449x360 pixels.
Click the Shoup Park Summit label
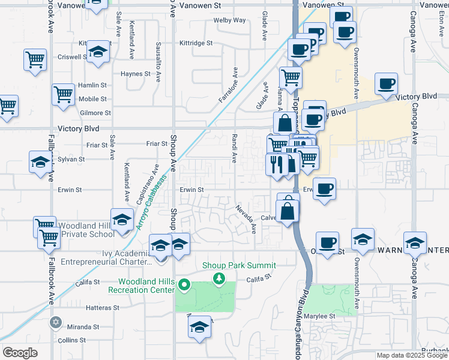coord(239,265)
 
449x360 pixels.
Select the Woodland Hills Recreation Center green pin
coord(184,285)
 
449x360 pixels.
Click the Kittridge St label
coord(197,43)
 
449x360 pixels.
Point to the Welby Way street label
coord(230,20)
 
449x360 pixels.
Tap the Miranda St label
coord(83,327)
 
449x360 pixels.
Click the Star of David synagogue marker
coord(56,322)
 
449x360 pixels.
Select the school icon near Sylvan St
coord(40,162)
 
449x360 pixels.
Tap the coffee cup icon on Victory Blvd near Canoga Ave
coord(386,84)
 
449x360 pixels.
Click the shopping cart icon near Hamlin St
coord(63,94)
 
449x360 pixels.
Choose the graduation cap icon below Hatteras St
coord(199,327)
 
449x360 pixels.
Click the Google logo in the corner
coord(20,353)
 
